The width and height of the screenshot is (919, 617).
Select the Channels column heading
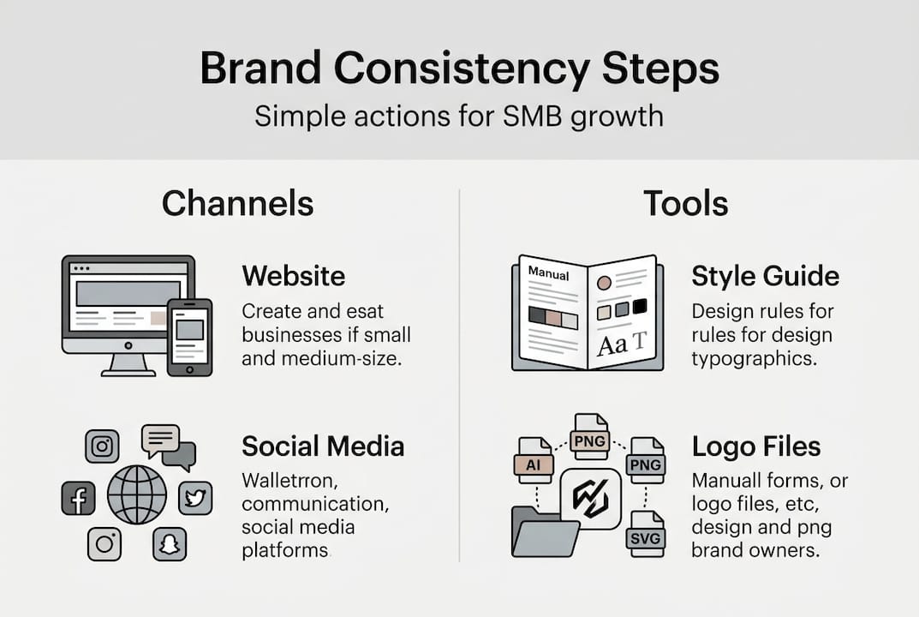tap(237, 204)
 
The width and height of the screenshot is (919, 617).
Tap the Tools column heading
tap(685, 204)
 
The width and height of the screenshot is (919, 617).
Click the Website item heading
tap(293, 276)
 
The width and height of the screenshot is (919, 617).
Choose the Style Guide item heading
tap(765, 276)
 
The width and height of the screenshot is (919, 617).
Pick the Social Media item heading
tap(323, 446)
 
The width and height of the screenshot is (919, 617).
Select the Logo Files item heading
tap(755, 446)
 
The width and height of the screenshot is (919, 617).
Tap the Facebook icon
tap(79, 498)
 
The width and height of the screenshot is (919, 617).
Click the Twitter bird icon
tap(194, 498)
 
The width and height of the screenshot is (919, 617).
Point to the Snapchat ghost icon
tap(170, 543)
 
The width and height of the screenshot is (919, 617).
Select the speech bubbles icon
tap(168, 446)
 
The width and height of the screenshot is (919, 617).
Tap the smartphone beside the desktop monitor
tap(189, 336)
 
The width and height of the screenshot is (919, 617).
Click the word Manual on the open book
tap(548, 272)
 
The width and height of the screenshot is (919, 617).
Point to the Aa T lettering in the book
tap(622, 345)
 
